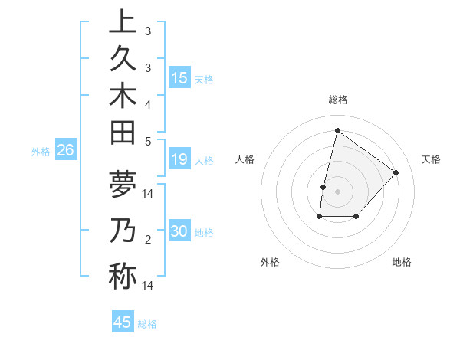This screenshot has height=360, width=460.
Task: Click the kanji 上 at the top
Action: tap(122, 22)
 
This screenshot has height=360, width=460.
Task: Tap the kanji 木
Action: tap(122, 98)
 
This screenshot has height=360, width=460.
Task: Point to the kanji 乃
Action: tap(122, 231)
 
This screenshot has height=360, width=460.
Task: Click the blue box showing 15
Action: tap(179, 78)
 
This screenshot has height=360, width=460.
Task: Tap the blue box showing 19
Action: tap(179, 160)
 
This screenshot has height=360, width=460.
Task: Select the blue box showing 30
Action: tap(179, 232)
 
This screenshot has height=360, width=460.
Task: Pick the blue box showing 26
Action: tap(65, 151)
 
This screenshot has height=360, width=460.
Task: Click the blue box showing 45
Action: tap(123, 322)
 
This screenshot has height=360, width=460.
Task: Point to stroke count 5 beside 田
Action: tap(148, 141)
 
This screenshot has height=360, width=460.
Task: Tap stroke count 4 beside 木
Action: tap(148, 103)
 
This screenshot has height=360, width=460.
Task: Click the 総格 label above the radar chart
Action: tap(337, 100)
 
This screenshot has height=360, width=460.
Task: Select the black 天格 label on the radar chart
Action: tap(431, 159)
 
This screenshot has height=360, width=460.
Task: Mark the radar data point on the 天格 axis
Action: tap(396, 172)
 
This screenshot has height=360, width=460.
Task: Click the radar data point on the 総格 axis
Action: tap(337, 130)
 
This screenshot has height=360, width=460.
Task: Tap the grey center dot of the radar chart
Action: tap(337, 191)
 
